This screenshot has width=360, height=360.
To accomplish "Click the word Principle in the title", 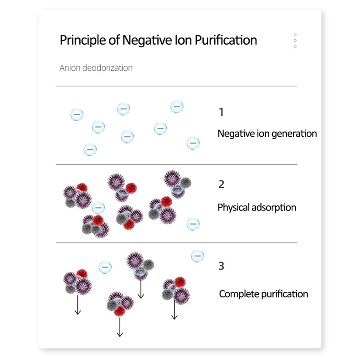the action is pos(82,40).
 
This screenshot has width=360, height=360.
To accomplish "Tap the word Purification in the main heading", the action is pos(226,40).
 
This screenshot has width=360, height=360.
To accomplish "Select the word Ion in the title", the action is pos(184,40).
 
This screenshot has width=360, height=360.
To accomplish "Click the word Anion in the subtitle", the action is pos(70,68).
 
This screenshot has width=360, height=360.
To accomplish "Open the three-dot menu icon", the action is pos(295,41).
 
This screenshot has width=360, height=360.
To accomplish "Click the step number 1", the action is pos(221,112).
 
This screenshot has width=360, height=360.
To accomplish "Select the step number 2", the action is pos(221,185).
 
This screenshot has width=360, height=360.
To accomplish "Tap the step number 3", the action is pos(221,266).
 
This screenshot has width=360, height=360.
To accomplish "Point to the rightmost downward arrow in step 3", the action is pos(174,310).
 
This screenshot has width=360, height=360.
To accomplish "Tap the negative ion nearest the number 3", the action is pos(198,256).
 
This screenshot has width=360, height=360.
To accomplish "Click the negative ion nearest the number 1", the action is pos(177,107).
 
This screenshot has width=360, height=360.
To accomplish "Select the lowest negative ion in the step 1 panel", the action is pos(90,149).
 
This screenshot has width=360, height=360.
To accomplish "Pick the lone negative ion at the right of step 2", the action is pos(193,224).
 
